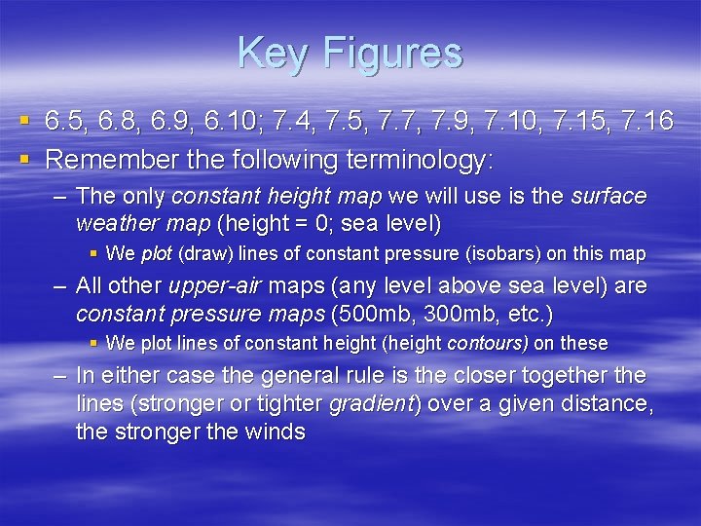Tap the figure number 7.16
[645, 121]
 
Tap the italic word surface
[609, 196]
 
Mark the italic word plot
[156, 254]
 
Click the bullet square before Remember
[23, 157]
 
